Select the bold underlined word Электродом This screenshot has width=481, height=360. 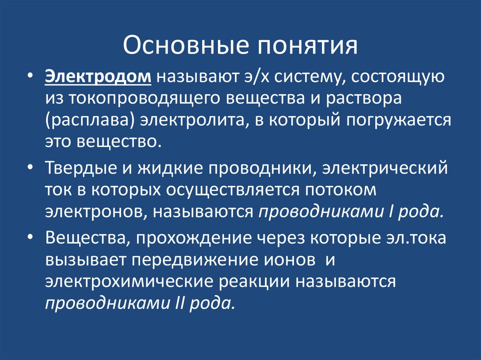pyautogui.click(x=98, y=77)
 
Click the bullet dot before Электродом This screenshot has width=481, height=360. pyautogui.click(x=31, y=77)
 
